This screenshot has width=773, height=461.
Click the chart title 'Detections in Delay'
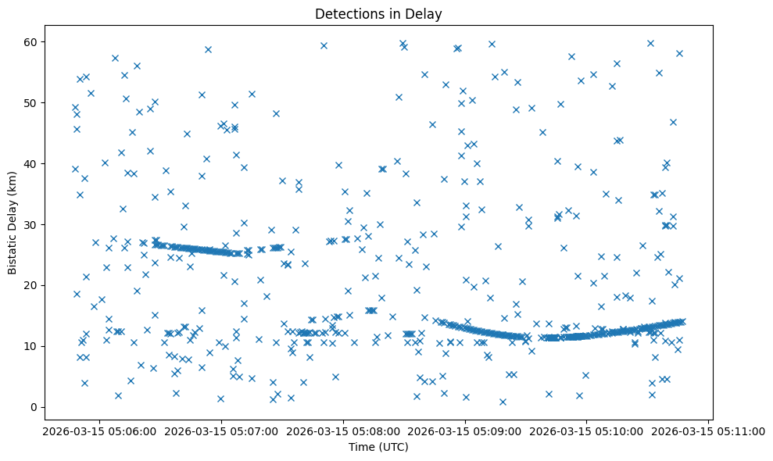point(378,13)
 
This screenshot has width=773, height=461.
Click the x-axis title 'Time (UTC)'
point(378,448)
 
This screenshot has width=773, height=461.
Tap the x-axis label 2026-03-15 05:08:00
point(342,431)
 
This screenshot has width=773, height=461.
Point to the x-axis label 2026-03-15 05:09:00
point(464,431)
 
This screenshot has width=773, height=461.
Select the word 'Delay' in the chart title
point(427,13)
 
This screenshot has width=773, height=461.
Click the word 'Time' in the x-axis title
point(361,448)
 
